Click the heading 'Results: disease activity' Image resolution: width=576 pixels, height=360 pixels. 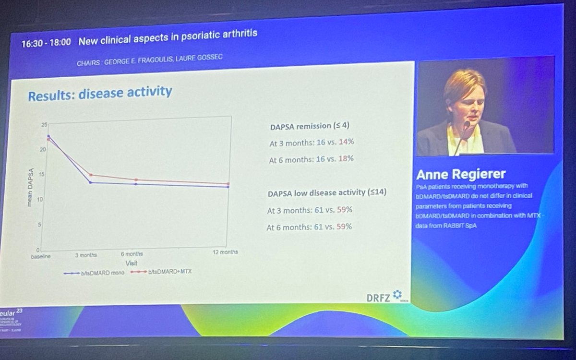(x=100, y=92)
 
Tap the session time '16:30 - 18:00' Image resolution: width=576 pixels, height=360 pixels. (x=46, y=42)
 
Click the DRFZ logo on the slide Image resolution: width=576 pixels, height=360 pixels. (x=384, y=296)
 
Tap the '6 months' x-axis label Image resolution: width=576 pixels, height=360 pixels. (x=132, y=254)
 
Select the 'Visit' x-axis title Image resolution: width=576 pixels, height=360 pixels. (x=132, y=263)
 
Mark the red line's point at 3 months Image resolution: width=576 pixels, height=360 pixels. (x=90, y=175)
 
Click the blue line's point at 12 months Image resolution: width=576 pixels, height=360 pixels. (x=228, y=187)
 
